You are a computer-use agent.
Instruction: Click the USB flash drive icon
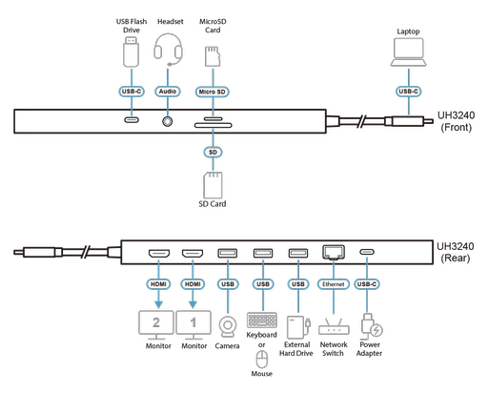(131, 52)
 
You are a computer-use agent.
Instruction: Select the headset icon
(168, 50)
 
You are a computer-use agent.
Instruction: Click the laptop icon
(409, 51)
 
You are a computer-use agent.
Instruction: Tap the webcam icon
(228, 326)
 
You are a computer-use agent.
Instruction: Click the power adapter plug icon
(368, 325)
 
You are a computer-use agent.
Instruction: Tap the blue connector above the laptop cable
(409, 92)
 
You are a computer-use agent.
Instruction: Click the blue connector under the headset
(168, 92)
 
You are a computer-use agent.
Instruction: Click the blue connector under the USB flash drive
(131, 92)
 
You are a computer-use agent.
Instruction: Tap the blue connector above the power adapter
(368, 283)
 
